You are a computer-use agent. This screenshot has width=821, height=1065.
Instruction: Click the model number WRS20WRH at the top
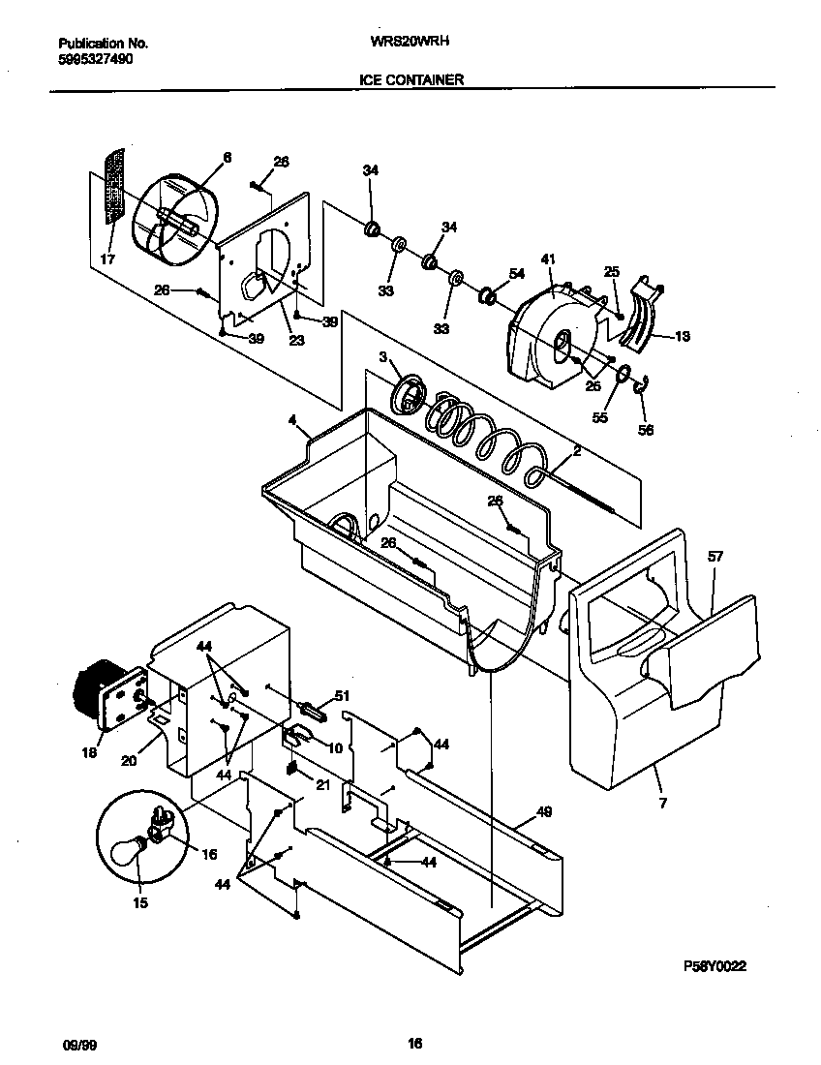(411, 43)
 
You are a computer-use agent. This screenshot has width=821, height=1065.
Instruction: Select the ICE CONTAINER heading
(411, 80)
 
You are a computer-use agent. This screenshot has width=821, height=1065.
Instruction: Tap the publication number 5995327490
(96, 59)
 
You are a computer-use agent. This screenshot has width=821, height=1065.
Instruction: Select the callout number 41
(548, 259)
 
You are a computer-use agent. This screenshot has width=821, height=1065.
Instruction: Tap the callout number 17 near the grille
(106, 259)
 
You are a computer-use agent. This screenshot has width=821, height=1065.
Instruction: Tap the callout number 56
(646, 430)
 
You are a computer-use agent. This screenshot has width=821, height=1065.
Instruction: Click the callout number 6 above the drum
(228, 157)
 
